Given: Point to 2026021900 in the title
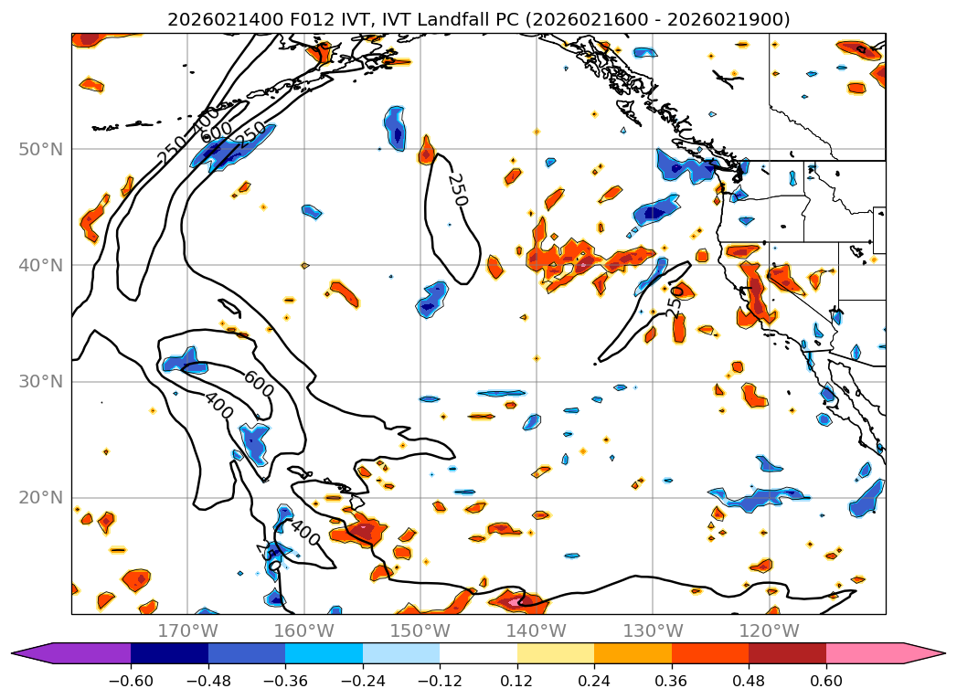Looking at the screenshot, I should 739,19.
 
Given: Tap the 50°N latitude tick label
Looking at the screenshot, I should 40,149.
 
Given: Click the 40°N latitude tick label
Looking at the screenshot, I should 40,265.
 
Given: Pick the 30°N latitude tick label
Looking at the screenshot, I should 40,381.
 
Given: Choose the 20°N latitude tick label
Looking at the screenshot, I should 40,497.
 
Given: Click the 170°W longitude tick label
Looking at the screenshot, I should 187,630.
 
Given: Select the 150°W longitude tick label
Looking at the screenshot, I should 420,630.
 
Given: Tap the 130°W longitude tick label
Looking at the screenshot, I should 653,630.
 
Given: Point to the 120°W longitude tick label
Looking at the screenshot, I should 769,630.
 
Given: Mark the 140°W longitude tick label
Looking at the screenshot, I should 536,630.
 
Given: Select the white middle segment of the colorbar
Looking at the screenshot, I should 478,653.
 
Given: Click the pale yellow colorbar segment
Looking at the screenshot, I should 555,653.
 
